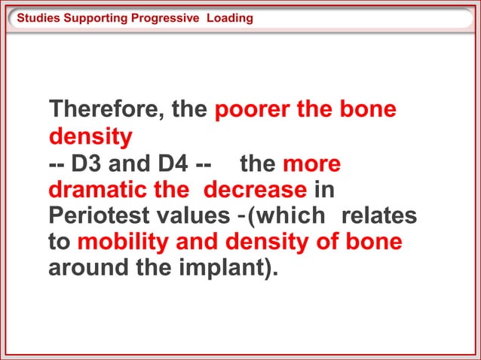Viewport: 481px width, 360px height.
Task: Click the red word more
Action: (x=311, y=164)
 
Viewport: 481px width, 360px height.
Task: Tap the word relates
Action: (x=379, y=216)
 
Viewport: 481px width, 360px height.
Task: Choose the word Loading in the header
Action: (x=231, y=17)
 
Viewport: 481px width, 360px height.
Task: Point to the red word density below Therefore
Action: (x=90, y=137)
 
